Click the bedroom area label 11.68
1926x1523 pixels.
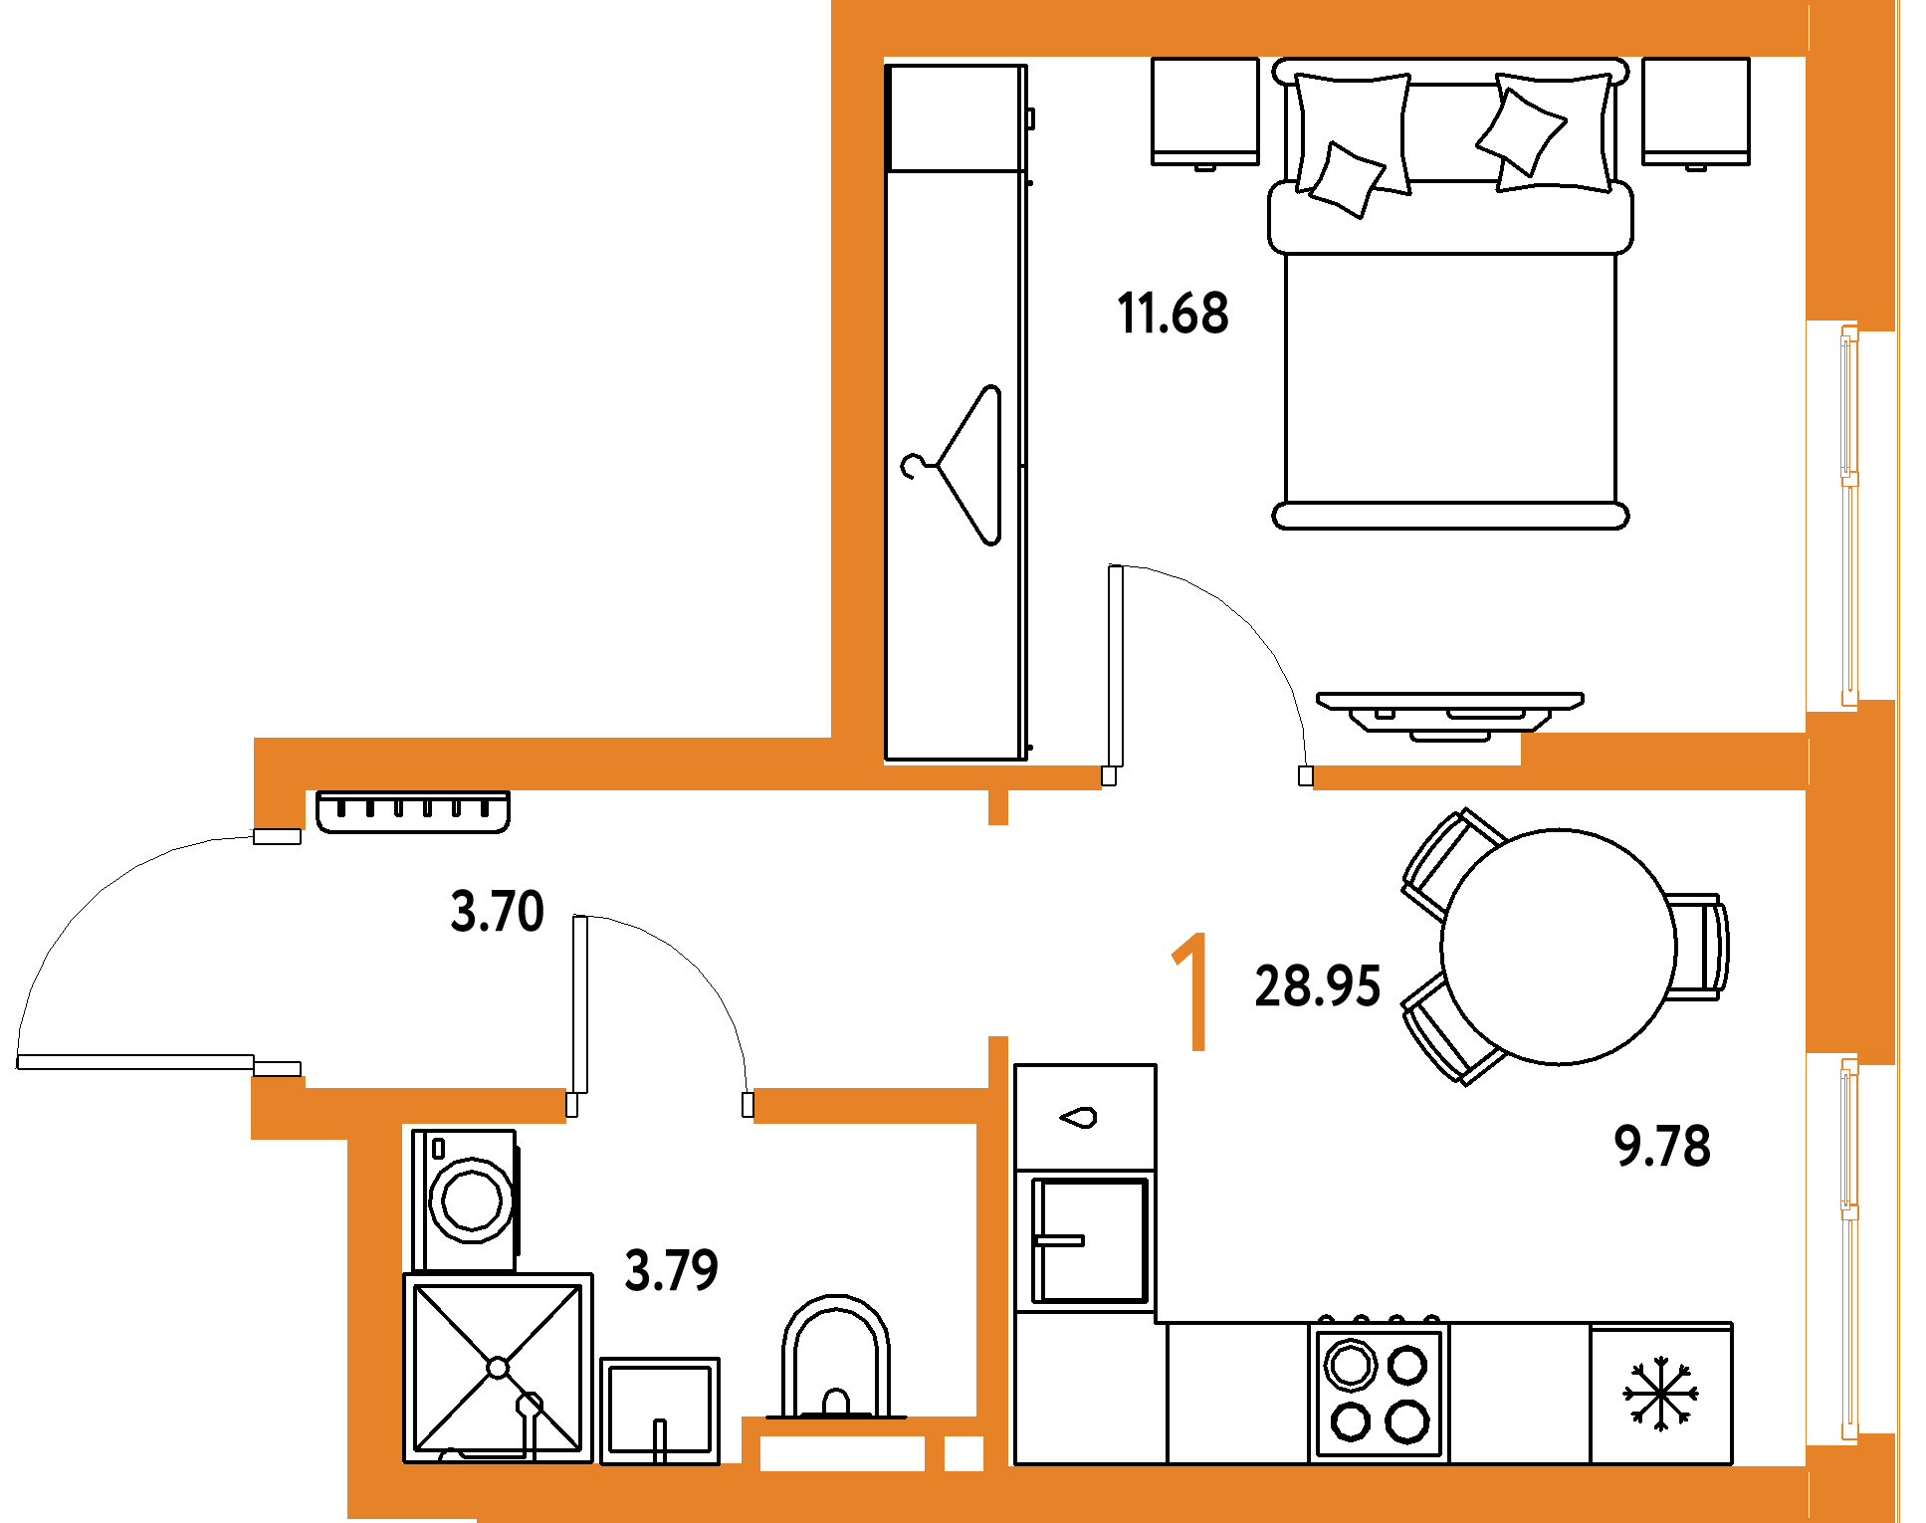point(1173,314)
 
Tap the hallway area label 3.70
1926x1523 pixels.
point(497,911)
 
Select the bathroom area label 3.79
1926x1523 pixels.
point(671,1270)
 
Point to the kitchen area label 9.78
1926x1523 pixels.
point(1662,1146)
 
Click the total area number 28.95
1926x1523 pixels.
point(1318,986)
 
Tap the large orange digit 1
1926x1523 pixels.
point(1191,991)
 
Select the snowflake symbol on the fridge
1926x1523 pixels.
point(1661,1394)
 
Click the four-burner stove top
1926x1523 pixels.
point(1380,1393)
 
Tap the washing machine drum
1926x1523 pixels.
point(472,1200)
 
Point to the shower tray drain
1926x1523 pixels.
point(498,1368)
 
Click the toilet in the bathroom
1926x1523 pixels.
point(836,1357)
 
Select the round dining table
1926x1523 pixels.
point(1559,947)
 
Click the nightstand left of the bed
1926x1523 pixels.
point(1205,112)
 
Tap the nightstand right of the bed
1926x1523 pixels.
point(1696,112)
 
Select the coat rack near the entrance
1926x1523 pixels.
point(413,811)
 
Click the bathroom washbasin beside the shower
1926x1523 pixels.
point(660,1411)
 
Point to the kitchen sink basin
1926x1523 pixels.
point(1090,1240)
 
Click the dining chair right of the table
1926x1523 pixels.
point(1698,947)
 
